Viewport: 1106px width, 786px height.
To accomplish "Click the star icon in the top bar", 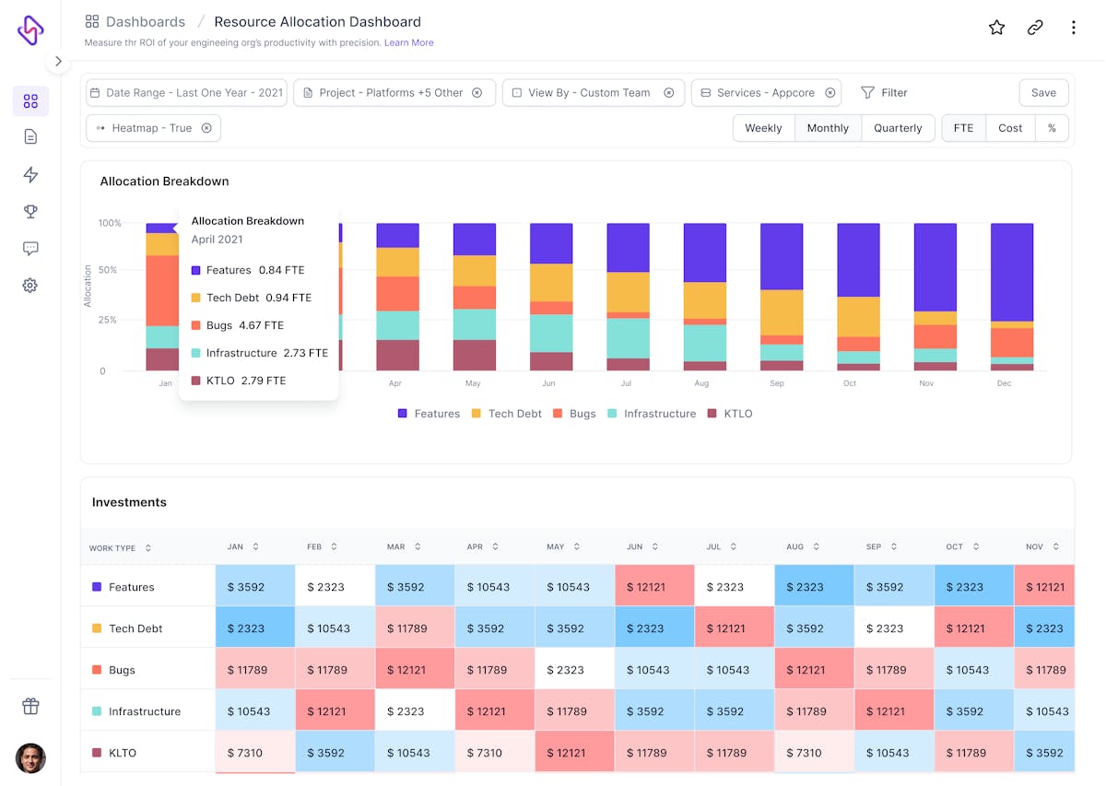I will click(x=996, y=28).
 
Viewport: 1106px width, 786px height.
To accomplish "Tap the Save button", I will click(x=1043, y=93).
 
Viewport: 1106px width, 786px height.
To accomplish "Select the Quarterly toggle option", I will click(x=898, y=128).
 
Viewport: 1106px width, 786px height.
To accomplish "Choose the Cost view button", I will click(x=1010, y=128).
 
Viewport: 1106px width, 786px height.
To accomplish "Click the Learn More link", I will click(x=408, y=42).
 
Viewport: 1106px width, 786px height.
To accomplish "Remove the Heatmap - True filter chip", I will click(x=206, y=128).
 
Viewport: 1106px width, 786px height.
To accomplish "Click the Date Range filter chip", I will click(x=186, y=93).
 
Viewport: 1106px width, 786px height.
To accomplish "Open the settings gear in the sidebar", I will click(x=30, y=286).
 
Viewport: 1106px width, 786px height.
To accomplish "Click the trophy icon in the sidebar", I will click(x=30, y=212).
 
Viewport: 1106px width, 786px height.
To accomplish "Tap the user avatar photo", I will click(x=30, y=758).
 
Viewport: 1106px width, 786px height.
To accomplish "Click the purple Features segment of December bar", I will click(x=1011, y=272).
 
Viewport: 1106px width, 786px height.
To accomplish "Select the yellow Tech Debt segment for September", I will click(x=782, y=312).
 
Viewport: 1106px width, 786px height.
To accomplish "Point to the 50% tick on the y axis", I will click(x=108, y=270).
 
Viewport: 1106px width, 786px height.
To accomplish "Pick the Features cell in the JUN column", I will click(x=654, y=587).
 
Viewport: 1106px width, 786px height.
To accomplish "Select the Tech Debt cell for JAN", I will click(x=255, y=628).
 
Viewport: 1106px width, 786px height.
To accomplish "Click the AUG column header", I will click(x=795, y=547).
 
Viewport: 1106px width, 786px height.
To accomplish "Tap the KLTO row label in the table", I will click(x=122, y=753).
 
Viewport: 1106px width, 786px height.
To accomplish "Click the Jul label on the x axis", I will click(x=626, y=383).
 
